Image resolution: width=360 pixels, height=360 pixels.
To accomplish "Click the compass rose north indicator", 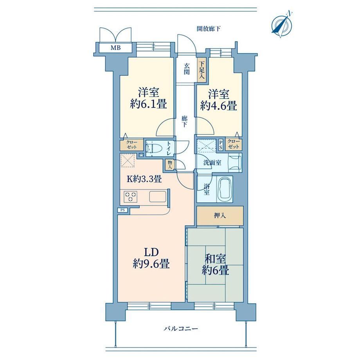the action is pos(283,24).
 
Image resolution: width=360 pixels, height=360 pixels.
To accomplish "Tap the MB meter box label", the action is pos(116,48).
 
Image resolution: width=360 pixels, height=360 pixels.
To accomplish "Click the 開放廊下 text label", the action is pos(209,29).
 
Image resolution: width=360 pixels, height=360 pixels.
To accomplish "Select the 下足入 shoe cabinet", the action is pos(202,70).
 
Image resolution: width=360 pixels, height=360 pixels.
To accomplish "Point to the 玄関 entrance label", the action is pos(186,69).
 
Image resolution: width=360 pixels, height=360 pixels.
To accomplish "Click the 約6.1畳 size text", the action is pos(148,104).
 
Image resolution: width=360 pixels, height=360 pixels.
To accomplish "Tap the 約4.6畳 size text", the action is pos(218,106).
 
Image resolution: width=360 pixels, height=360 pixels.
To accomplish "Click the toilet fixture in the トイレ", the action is pos(153,148).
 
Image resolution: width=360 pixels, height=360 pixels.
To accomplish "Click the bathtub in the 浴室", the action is pos(225,189).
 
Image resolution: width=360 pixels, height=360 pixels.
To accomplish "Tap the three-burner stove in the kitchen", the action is pos(131,196).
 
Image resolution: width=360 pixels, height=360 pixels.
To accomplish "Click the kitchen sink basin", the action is pos(158,196).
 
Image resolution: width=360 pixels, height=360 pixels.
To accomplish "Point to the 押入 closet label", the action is pos(220,216).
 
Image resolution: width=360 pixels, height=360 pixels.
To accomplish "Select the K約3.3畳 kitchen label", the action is pos(144,178).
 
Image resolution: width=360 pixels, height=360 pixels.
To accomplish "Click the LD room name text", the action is pos(151,252).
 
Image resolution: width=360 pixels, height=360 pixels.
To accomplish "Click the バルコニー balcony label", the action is pos(181,329).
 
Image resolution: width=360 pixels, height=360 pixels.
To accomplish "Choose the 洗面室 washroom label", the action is pos(212,163).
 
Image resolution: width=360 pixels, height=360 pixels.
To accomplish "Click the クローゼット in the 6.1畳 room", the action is pos(131,145).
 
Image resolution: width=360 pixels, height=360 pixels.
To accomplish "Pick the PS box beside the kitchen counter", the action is pos(123,210).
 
